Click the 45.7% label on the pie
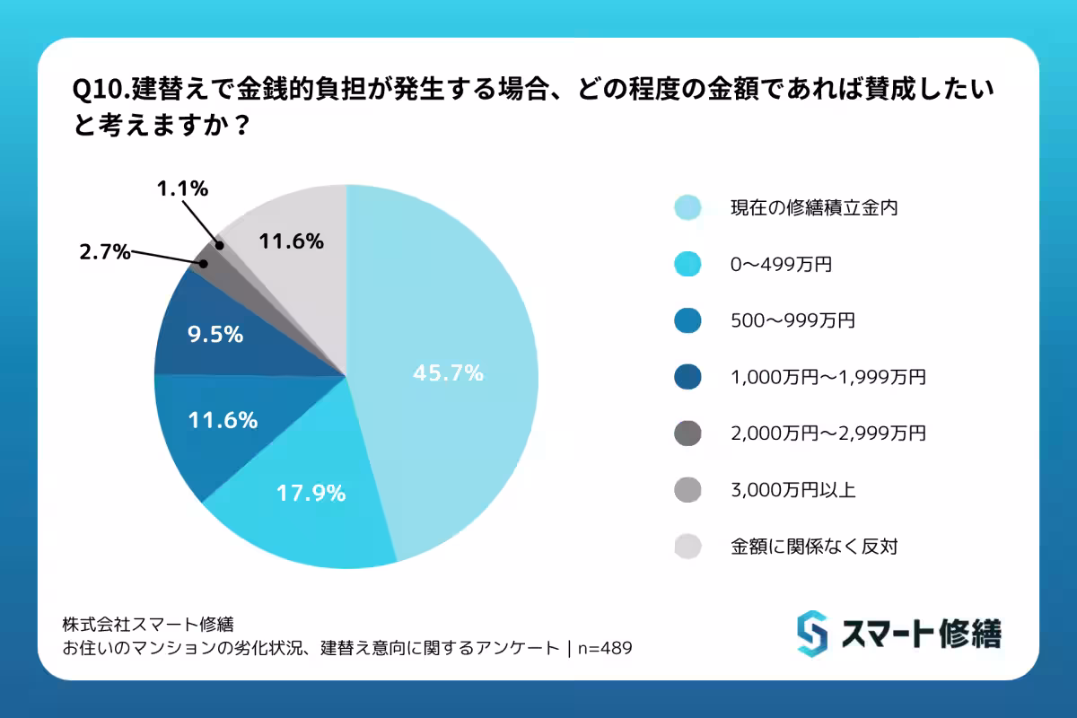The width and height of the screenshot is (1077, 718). pyautogui.click(x=448, y=373)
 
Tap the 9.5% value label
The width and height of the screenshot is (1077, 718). pyautogui.click(x=215, y=334)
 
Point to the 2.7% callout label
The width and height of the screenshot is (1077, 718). pyautogui.click(x=102, y=253)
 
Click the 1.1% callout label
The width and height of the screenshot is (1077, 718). pyautogui.click(x=182, y=188)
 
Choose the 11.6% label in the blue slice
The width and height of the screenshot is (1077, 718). pyautogui.click(x=223, y=419)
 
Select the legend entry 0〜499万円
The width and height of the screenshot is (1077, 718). pyautogui.click(x=773, y=265)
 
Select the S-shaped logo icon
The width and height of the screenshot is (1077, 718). pyautogui.click(x=811, y=634)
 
